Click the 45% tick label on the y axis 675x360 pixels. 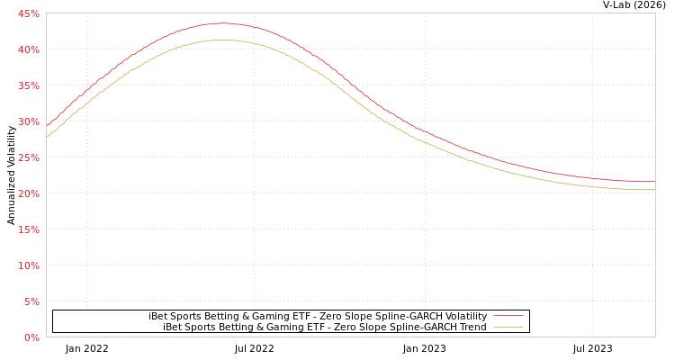(x=28, y=13)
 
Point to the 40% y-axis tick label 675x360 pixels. (x=28, y=49)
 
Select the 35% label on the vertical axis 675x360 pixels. (x=28, y=85)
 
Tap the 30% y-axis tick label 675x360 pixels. (x=28, y=121)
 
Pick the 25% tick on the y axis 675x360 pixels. (x=28, y=157)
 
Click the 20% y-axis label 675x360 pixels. (x=28, y=193)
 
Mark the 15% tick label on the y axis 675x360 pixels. (x=28, y=229)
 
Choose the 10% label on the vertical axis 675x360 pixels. (x=28, y=265)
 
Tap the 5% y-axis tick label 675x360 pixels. (x=31, y=301)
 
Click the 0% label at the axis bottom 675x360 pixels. (x=31, y=337)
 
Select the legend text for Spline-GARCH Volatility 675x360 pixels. (x=318, y=316)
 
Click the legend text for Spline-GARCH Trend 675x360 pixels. (x=324, y=327)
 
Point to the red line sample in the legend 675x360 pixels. (x=508, y=316)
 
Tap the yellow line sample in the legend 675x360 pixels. (x=508, y=327)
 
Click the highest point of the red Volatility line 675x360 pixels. (x=221, y=23)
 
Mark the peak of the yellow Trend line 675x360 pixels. (x=221, y=40)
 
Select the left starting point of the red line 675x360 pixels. (x=47, y=125)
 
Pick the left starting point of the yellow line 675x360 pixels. (x=47, y=136)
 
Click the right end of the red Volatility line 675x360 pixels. (x=654, y=182)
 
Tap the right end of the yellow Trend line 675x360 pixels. (x=654, y=190)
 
